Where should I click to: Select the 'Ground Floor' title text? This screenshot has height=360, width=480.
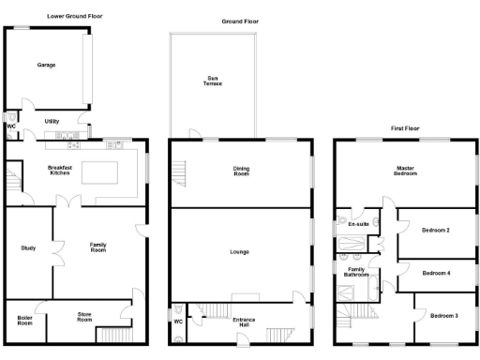(x=240, y=21)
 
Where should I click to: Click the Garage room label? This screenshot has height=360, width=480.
(x=47, y=66)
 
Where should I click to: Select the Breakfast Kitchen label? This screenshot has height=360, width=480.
(x=60, y=171)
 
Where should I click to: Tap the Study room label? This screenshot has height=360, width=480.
(x=27, y=247)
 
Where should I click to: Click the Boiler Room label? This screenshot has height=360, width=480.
(x=25, y=320)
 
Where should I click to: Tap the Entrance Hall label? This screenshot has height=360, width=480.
(x=244, y=322)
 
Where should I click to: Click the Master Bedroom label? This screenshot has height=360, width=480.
(x=405, y=171)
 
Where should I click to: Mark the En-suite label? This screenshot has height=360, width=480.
(x=358, y=225)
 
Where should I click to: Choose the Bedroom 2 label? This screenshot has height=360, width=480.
(x=437, y=230)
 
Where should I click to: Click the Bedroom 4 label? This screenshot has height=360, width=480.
(x=437, y=273)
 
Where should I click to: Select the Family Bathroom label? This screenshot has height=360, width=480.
(x=355, y=273)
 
